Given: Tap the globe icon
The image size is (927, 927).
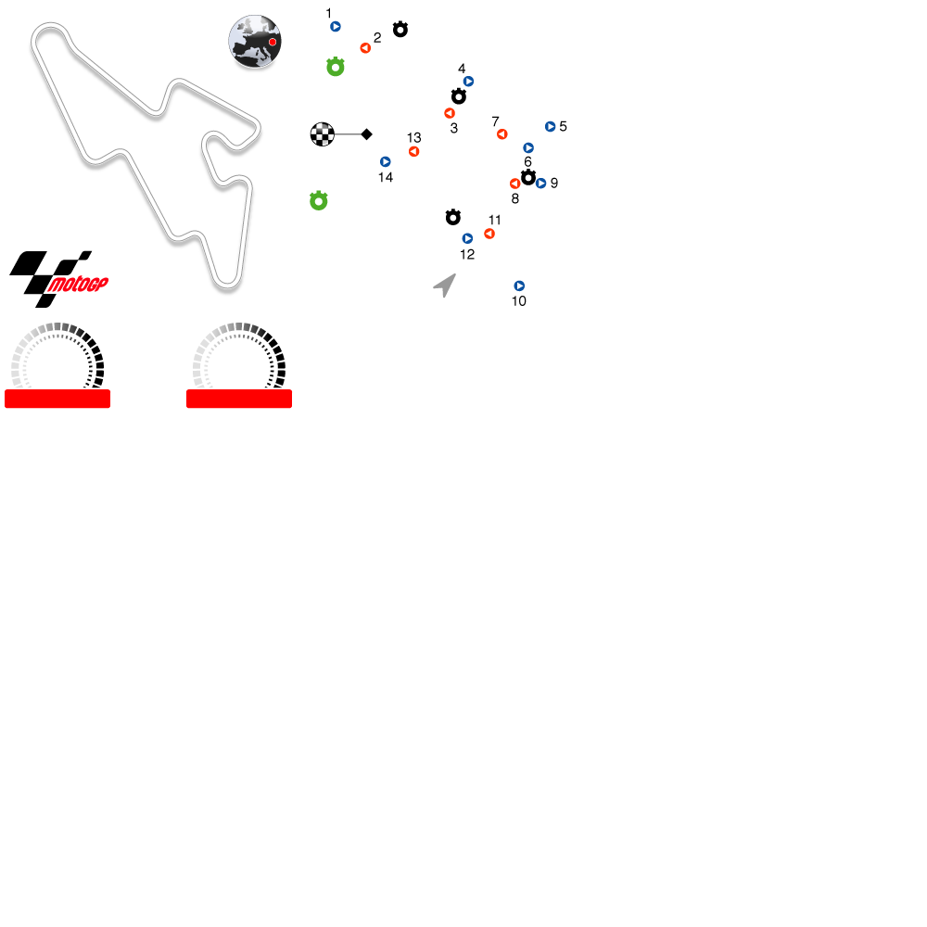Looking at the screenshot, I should (255, 41).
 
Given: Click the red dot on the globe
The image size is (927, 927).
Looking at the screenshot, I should (273, 42).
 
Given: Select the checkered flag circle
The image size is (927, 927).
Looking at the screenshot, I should (322, 134).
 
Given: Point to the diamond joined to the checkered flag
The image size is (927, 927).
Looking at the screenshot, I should (366, 134).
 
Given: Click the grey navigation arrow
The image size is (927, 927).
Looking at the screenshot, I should (445, 285).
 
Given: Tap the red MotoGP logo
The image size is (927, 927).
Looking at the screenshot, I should (78, 285).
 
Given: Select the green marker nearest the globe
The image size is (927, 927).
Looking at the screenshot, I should (336, 67).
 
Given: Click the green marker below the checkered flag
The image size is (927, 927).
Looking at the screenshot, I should (319, 201).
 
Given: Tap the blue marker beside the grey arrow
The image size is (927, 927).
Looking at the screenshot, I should (519, 286).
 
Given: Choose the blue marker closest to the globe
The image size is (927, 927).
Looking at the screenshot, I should (336, 27).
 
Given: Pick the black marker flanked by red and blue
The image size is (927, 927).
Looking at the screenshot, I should (528, 177).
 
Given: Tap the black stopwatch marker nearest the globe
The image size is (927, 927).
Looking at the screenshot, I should (400, 30).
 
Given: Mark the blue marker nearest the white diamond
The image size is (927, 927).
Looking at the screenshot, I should (386, 161).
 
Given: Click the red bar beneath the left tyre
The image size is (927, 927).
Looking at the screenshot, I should (57, 399).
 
